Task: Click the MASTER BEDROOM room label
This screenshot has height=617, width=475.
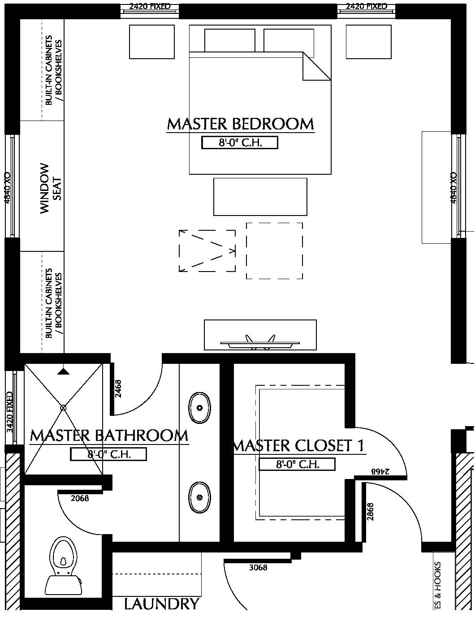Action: coord(240,124)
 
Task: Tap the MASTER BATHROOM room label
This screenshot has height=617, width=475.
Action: coord(109,436)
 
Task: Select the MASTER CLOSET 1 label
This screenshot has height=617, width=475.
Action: coord(298,446)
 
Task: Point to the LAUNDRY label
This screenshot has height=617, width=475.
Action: coord(161,604)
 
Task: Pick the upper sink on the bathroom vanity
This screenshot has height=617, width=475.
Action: coord(199,408)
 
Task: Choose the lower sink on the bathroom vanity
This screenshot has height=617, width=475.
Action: coord(199,497)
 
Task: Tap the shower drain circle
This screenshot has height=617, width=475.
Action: coord(63,408)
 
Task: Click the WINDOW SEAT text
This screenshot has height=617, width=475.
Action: coord(51,188)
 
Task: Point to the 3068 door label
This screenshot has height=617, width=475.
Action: coord(258,568)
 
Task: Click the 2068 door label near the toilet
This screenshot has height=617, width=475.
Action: coord(80,498)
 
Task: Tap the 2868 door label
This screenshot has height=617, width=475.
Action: coord(370,511)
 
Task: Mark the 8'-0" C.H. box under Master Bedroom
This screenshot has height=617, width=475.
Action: coord(240,143)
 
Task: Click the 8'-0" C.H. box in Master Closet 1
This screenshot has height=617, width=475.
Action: coord(297,465)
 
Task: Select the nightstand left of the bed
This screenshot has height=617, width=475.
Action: coord(152,42)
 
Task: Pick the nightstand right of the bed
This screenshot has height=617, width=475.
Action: coord(369,42)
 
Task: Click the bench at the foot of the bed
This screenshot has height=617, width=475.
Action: coord(260,197)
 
